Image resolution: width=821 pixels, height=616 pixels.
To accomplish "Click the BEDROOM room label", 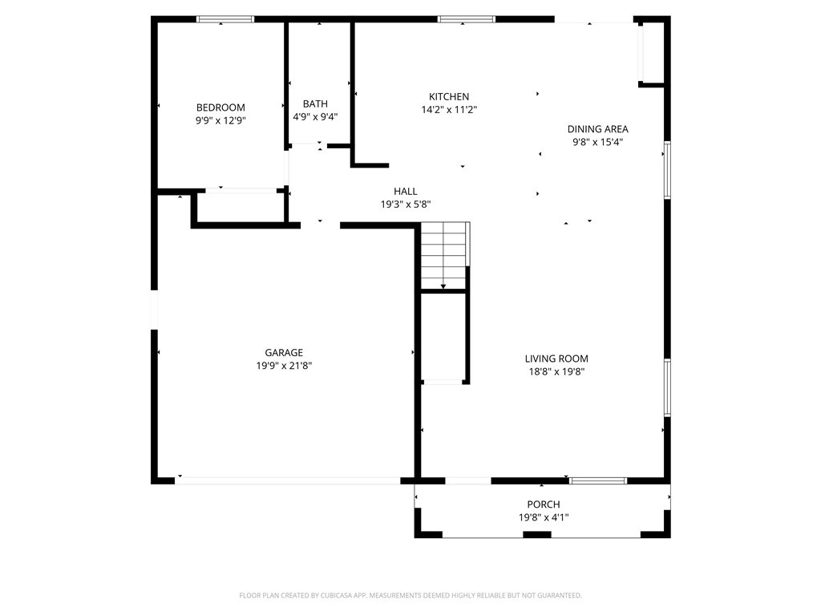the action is (x=220, y=107).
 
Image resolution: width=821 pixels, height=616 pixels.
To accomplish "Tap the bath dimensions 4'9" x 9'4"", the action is (x=315, y=117).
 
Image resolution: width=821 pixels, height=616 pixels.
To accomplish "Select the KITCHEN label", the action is (x=449, y=96).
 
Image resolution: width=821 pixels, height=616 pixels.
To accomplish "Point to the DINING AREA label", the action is (x=597, y=129).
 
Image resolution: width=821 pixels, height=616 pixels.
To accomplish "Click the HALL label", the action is (x=405, y=191).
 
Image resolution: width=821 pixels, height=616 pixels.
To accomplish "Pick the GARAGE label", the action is (x=284, y=353).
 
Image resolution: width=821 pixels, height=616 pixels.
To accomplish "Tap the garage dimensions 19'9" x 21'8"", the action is (x=284, y=366).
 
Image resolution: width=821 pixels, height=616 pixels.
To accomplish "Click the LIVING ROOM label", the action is (x=556, y=359).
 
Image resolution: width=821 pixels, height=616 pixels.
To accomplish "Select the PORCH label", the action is (x=544, y=504).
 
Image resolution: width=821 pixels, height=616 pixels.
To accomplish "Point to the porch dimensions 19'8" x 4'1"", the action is (x=544, y=517).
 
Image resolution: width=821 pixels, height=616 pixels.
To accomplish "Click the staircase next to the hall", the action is (x=443, y=255).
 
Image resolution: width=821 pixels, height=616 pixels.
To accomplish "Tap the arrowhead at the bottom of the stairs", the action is (x=443, y=286).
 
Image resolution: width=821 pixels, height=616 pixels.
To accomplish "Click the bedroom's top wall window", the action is (x=225, y=19).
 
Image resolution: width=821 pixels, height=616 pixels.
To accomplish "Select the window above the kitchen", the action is (x=467, y=19).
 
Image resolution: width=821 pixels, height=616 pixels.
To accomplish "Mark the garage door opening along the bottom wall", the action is (x=288, y=480).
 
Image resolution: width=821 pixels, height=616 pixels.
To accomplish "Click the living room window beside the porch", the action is (x=598, y=480).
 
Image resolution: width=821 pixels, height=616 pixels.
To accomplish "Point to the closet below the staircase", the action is (x=444, y=338).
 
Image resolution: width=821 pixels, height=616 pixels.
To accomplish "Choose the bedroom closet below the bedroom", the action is (x=241, y=208).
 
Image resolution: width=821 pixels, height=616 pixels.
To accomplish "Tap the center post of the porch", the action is (x=537, y=534).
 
